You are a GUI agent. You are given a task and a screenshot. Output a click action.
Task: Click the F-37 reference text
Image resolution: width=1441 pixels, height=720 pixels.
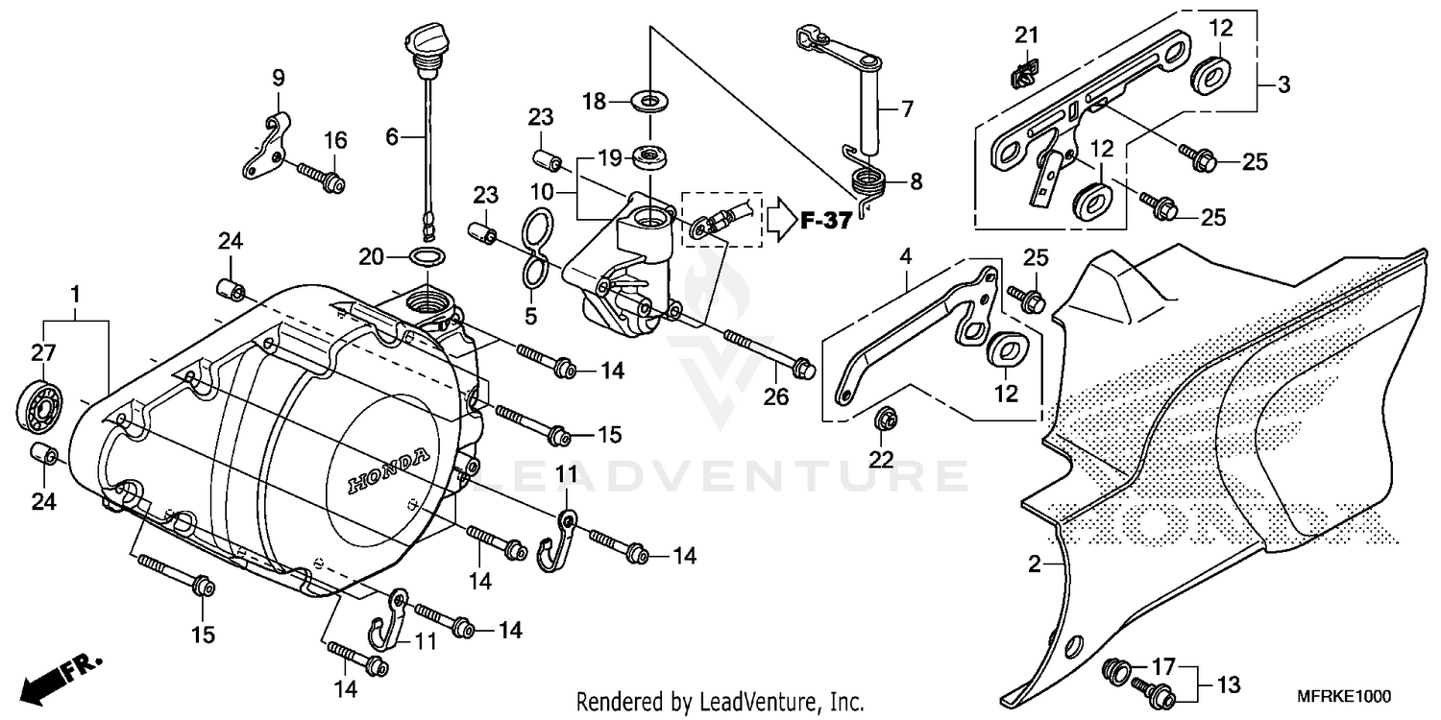(825, 222)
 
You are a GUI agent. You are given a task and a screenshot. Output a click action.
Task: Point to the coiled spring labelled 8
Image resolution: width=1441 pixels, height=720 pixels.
(868, 180)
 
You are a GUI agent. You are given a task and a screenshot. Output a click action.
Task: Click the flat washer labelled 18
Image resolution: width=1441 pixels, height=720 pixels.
(650, 100)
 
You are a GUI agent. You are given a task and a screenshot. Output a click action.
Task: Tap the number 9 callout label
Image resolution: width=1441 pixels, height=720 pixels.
(279, 77)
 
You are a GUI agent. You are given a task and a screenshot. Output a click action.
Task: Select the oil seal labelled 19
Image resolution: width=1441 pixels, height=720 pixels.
(650, 156)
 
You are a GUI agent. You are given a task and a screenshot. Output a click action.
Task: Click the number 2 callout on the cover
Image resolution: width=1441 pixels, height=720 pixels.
(1034, 565)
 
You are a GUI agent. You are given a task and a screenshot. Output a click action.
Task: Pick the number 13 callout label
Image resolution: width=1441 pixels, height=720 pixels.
(1229, 685)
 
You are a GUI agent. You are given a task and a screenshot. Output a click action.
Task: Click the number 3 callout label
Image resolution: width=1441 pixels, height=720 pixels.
(1284, 85)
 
